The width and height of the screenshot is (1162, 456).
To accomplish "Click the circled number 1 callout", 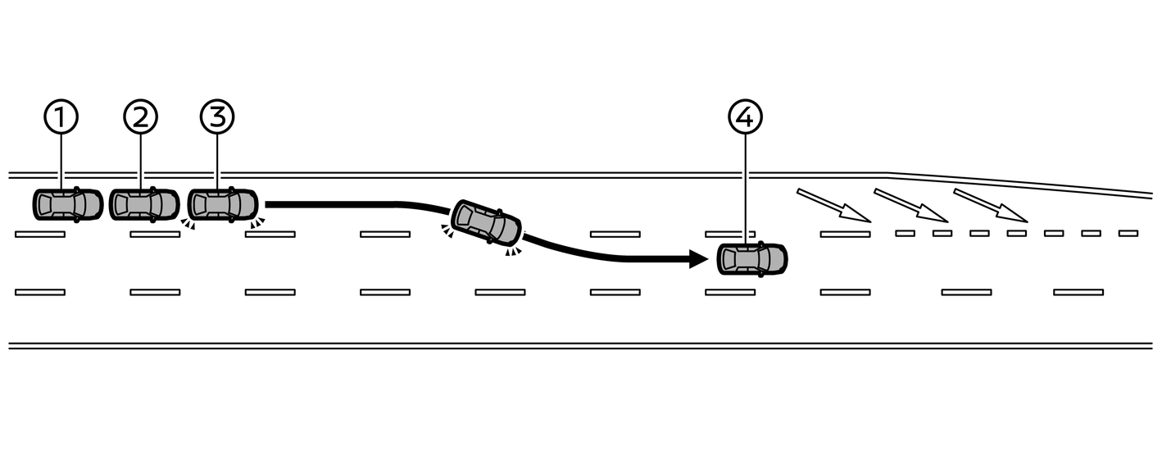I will tap(61, 117).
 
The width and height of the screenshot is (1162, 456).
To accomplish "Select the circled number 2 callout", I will tap(140, 117).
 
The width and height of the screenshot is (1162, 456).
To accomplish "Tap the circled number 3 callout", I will tap(217, 117).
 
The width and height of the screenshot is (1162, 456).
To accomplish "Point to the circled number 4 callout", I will tap(745, 117).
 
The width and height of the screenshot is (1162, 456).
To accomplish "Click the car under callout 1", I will tap(68, 204).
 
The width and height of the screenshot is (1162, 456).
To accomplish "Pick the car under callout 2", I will tap(144, 204).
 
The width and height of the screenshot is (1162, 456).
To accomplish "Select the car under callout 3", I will tap(223, 204).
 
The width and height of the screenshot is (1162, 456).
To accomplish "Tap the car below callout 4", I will tap(751, 259).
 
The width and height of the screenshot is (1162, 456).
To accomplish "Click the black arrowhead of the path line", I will tap(698, 260).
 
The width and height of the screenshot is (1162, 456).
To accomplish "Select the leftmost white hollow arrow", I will tap(833, 205).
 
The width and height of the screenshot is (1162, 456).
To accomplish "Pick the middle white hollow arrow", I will tap(911, 205).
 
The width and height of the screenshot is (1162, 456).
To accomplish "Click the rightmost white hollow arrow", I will tap(990, 205).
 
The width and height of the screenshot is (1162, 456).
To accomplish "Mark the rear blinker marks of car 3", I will tap(188, 224).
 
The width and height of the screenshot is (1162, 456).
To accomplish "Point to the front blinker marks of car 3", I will tap(258, 222).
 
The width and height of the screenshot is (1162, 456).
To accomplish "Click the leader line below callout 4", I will tap(745, 189).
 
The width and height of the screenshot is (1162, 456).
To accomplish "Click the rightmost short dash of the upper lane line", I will tap(1128, 234).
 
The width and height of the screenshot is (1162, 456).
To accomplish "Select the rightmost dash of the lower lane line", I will tap(1078, 292).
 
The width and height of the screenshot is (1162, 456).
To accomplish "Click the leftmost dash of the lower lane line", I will tap(40, 292).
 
